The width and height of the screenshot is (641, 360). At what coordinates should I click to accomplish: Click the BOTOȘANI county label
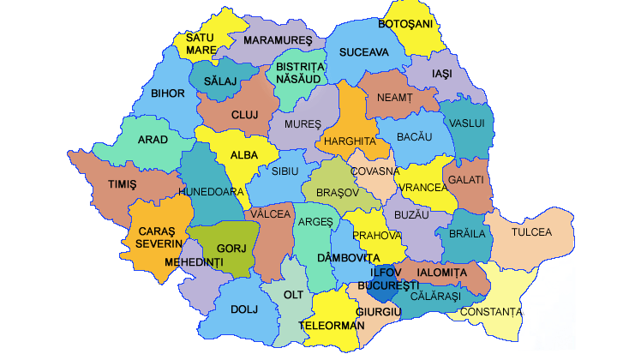406,23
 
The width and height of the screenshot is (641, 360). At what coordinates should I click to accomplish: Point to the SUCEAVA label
363,52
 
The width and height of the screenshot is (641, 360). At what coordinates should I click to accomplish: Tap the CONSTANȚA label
490,311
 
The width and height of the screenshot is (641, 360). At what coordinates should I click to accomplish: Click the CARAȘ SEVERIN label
158,237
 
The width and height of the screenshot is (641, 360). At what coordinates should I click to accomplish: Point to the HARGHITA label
348,141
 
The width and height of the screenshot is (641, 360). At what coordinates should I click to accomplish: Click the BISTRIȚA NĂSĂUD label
299,73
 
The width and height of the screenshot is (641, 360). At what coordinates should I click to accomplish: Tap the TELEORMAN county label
332,326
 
